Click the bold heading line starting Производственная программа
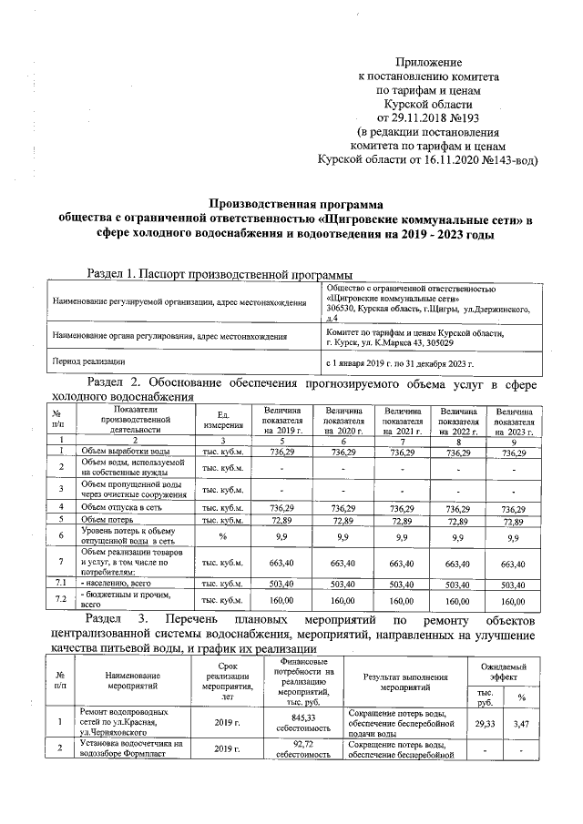[x=296, y=205]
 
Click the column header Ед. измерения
[x=222, y=421]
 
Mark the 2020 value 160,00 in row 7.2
[x=343, y=601]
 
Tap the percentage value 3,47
[x=522, y=722]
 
